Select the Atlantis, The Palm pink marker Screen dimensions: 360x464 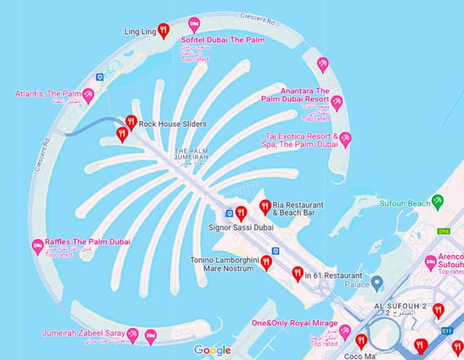tap(88, 95)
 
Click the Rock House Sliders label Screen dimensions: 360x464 tap(172, 124)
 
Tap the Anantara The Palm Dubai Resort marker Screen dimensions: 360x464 tap(337, 102)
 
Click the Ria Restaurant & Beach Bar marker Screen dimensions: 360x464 tap(265, 206)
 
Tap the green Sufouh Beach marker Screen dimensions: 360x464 tap(437, 201)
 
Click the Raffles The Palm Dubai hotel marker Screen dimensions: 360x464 tap(38, 245)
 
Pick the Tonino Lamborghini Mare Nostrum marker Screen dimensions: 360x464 tap(266, 262)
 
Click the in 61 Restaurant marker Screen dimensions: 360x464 tap(298, 273)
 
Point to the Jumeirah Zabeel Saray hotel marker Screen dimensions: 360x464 tap(150, 336)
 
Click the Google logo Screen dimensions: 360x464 tap(213, 350)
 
